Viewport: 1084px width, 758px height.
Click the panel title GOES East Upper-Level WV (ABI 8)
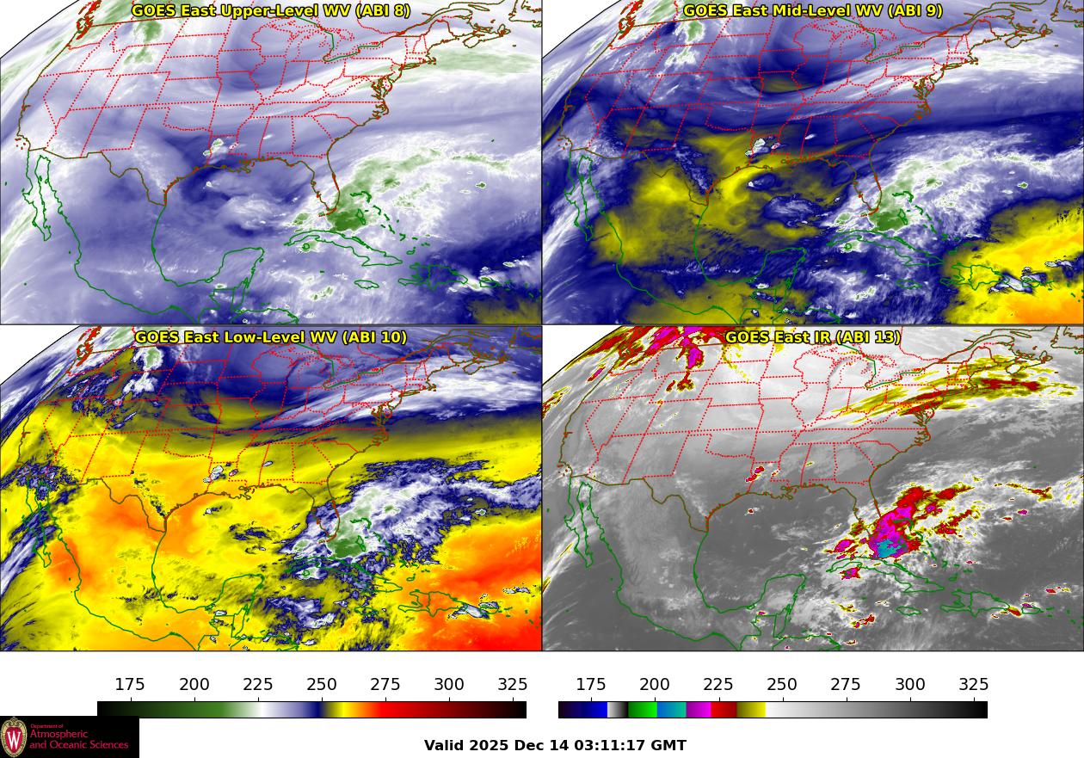270,11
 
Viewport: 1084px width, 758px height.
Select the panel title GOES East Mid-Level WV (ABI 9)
812,11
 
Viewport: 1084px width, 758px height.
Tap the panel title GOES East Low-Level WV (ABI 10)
270,337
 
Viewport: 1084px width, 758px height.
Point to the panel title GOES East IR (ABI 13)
812,337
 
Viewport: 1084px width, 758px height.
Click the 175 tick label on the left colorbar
130,685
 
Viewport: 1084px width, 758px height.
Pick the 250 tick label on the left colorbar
322,685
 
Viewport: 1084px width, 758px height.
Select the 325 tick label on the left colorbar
513,685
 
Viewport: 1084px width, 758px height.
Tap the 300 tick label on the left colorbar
449,685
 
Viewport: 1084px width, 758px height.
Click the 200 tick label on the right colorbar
655,685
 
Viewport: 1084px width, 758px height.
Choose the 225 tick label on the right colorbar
718,685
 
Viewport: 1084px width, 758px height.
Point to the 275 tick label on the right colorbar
846,685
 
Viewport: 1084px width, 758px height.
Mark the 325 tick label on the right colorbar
973,685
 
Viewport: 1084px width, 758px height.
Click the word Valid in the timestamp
444,746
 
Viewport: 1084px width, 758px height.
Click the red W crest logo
14,737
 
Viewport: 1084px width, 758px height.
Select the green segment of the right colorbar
642,710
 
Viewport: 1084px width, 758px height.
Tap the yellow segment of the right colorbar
751,710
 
